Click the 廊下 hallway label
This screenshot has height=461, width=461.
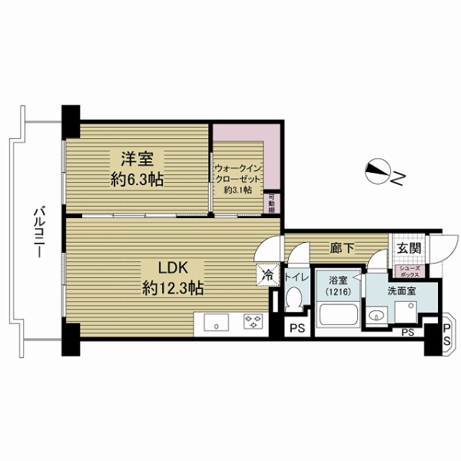[x=341, y=249]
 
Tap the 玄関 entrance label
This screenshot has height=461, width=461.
[x=408, y=248]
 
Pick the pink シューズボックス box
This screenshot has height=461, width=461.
[x=407, y=270]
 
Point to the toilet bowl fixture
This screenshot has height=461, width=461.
[x=293, y=303]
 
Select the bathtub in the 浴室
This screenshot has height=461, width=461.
[x=337, y=317]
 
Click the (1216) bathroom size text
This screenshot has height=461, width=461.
[x=335, y=293]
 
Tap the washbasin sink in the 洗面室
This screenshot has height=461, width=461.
[x=376, y=315]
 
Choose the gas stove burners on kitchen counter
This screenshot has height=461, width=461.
[x=251, y=323]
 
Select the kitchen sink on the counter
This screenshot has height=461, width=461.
[x=218, y=323]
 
